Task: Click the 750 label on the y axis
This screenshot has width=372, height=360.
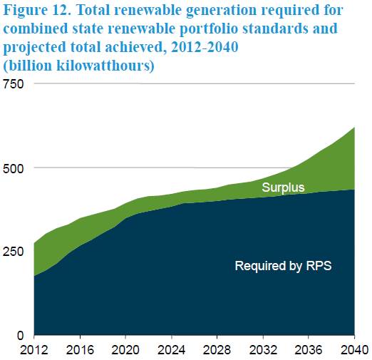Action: tap(14, 84)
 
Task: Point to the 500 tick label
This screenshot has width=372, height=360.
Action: tap(14, 168)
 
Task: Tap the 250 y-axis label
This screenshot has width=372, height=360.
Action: tap(14, 252)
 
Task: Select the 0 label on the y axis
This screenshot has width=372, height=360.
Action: tap(21, 336)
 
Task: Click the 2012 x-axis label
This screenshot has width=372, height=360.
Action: tap(34, 350)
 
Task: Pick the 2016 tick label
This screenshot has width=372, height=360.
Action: tap(80, 350)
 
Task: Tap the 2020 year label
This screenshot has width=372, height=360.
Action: tap(125, 350)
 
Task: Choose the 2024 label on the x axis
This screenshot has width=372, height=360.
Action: tap(172, 350)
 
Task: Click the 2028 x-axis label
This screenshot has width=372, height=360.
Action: tap(217, 350)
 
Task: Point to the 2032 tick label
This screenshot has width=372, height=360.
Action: tap(263, 350)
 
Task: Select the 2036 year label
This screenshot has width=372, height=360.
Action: tap(309, 350)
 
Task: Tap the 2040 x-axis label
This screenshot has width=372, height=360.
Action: tap(355, 350)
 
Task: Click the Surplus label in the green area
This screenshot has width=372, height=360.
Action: tap(283, 188)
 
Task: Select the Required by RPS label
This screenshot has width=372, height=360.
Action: tap(283, 266)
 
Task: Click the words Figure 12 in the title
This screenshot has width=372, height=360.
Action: tap(37, 11)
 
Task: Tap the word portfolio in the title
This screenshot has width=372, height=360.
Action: tap(209, 29)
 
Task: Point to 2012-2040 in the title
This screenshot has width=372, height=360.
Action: tap(205, 47)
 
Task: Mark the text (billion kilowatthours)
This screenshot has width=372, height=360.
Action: tap(79, 66)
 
